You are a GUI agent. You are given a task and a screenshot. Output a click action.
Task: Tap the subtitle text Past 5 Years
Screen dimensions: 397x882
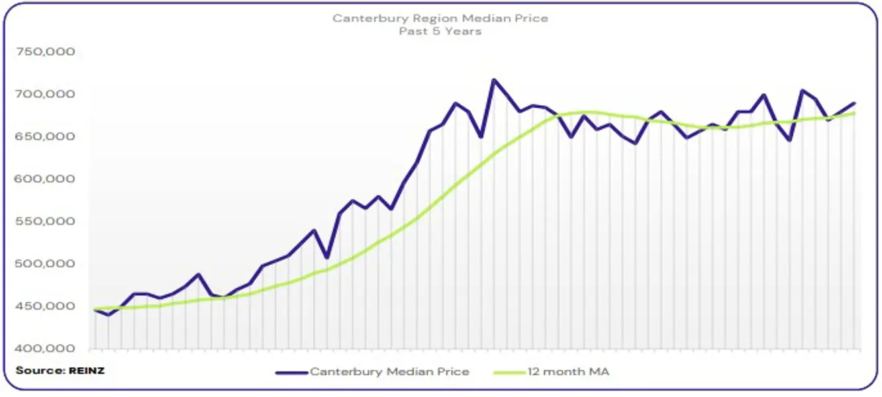coord(440,31)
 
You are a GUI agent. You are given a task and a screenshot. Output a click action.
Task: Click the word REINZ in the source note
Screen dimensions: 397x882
coord(87,371)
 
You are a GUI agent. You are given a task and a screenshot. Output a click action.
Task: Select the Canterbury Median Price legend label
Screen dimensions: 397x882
coord(389,372)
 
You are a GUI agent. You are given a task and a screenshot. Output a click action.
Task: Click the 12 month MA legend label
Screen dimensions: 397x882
coord(569,372)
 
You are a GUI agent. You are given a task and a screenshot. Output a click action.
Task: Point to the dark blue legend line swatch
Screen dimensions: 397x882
coord(291,372)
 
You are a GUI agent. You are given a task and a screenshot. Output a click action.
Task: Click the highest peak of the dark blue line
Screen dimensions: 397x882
coord(493,80)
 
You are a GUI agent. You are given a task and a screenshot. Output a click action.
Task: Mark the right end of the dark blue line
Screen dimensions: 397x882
coord(854,103)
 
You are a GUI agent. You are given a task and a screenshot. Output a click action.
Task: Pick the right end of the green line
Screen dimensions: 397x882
coord(854,113)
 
